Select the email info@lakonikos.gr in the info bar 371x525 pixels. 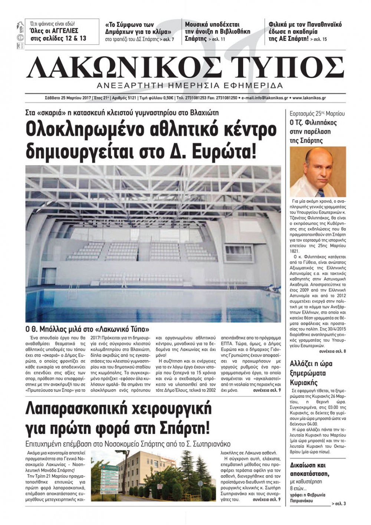coord(264,98)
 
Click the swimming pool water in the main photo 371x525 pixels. coord(148,297)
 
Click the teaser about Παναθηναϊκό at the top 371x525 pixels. coord(305,31)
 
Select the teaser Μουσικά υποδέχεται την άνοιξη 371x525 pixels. coord(217,31)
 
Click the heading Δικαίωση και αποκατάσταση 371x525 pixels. coord(308,469)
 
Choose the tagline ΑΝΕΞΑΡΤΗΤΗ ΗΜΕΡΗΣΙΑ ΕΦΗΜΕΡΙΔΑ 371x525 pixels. coord(184,85)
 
